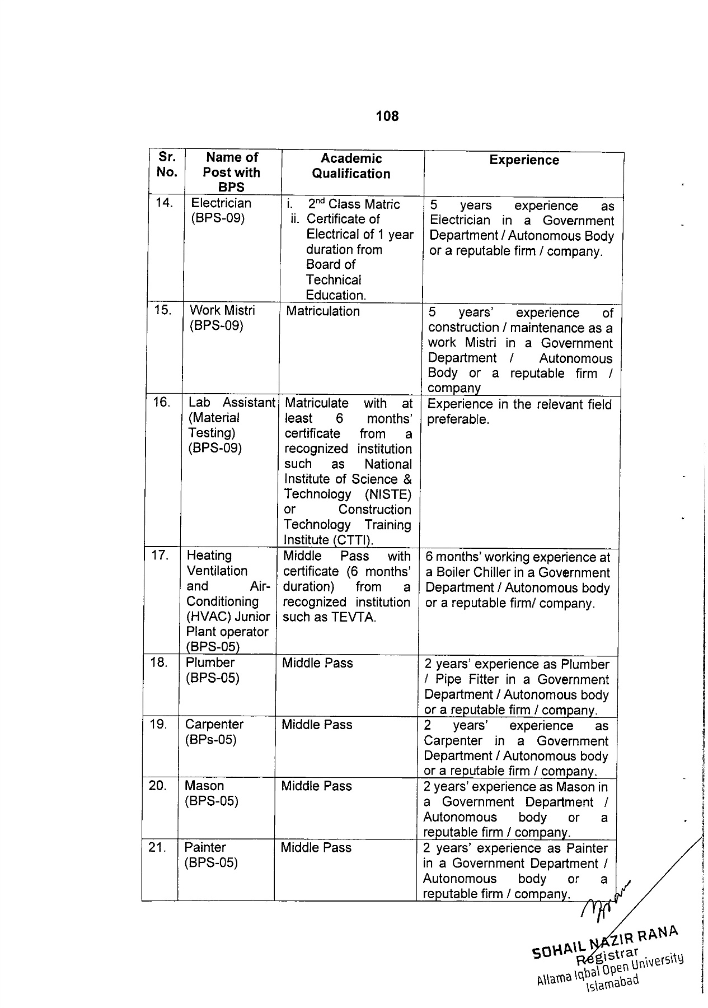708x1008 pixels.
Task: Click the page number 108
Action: coord(387,116)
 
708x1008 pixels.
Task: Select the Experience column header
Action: coord(524,160)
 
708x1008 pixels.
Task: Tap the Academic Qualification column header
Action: coord(351,166)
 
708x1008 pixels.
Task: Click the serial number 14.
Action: coord(164,203)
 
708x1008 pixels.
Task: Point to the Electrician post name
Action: coord(221,203)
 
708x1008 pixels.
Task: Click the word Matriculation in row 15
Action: coord(323,311)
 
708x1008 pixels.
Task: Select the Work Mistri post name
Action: coord(222,310)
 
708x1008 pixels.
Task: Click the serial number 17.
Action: coord(160,556)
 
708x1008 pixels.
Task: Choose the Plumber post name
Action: coord(210,662)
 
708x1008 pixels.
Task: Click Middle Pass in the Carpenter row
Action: coord(317,725)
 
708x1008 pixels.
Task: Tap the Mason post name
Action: coord(204,786)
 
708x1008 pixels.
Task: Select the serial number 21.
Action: coord(157,848)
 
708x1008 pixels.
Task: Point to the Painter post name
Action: coord(205,848)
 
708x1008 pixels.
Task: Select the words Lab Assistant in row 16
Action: coord(232,403)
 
